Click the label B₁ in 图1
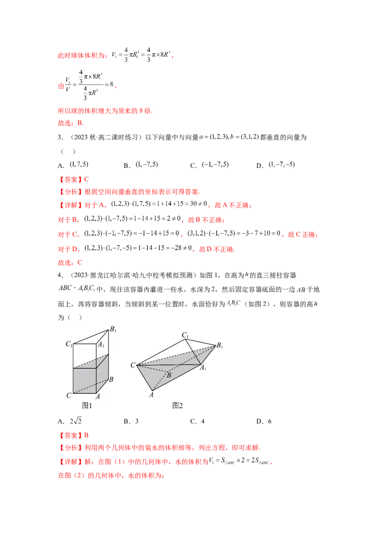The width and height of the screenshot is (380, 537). (x=113, y=329)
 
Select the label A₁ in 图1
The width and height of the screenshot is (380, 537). (x=101, y=345)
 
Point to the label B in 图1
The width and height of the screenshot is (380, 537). (x=111, y=379)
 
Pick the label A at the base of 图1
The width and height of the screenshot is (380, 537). (x=98, y=396)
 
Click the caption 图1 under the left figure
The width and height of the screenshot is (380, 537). (x=87, y=405)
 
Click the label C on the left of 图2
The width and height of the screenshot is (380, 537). (x=133, y=365)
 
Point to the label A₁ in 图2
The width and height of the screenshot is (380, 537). (x=203, y=367)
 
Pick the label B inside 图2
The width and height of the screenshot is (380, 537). (x=168, y=375)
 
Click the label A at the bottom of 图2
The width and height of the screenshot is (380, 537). (x=152, y=394)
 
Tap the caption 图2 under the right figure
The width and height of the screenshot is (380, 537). (x=178, y=405)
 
